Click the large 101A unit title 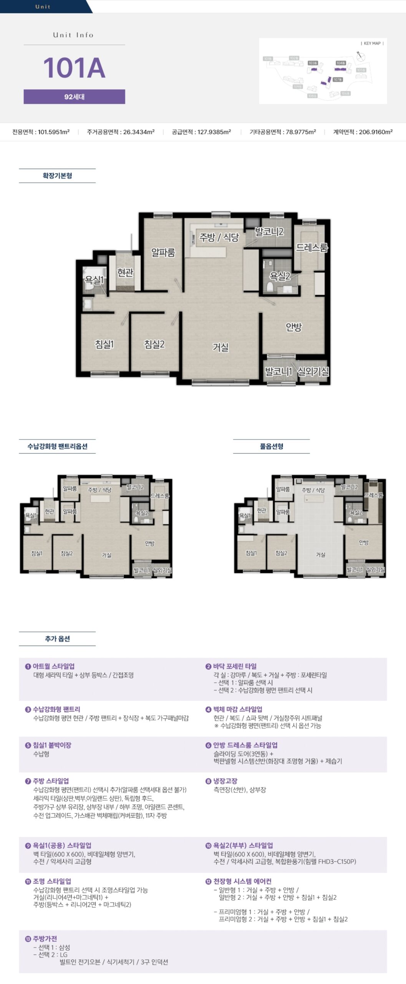74,68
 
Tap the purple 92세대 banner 74,97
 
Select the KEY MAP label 372,43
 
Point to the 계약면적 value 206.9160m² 375,132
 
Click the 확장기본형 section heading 57,176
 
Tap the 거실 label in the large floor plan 220,347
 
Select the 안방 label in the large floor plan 293,327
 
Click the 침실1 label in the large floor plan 104,344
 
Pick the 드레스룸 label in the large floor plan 312,248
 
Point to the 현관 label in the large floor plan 125,273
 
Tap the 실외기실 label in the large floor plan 313,371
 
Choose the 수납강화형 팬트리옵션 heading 57,446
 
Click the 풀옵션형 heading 271,446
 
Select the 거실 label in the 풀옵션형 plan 320,555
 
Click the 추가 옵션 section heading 57,638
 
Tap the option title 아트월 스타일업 53,666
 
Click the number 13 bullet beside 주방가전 28,939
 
